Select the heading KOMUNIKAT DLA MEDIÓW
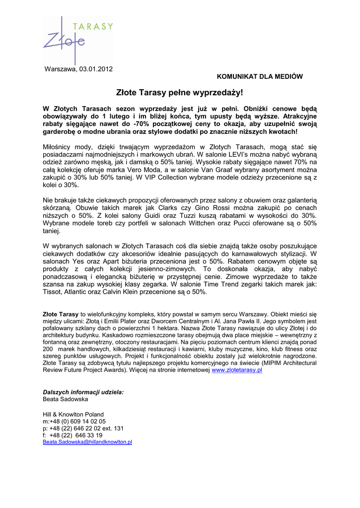(260, 76)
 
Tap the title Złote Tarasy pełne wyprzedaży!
(180, 93)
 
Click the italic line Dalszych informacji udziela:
(83, 392)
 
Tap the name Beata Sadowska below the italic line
(66, 399)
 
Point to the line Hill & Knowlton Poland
(73, 414)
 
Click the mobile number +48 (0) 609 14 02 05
(77, 421)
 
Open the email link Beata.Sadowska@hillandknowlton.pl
(87, 442)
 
